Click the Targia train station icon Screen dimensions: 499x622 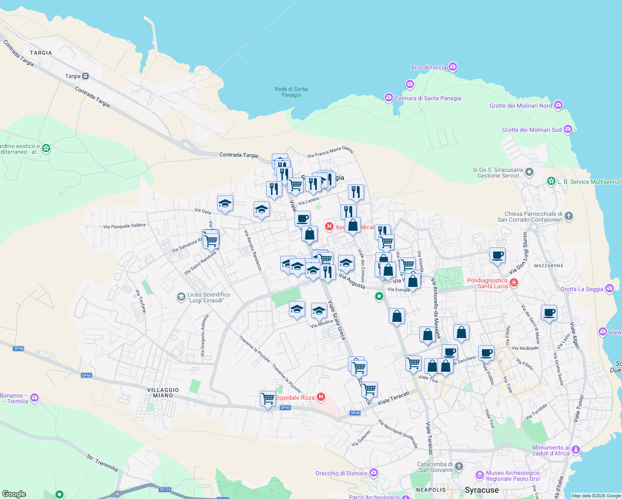pyautogui.click(x=85, y=76)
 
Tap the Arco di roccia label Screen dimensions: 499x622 pyautogui.click(x=428, y=67)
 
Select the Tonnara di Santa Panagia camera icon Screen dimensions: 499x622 pyautogui.click(x=388, y=98)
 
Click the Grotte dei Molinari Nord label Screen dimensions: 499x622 pyautogui.click(x=521, y=106)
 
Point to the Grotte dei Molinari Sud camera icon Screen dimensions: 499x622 pyautogui.click(x=568, y=130)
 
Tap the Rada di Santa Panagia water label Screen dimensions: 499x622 pyautogui.click(x=291, y=92)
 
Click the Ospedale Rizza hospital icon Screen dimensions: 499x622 pyautogui.click(x=321, y=397)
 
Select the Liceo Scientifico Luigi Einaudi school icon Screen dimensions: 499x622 pyautogui.click(x=181, y=296)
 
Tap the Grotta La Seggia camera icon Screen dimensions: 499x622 pyautogui.click(x=610, y=289)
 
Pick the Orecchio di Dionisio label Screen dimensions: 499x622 pyautogui.click(x=341, y=473)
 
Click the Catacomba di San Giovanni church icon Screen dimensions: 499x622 pyautogui.click(x=459, y=467)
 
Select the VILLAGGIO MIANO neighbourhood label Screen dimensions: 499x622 pyautogui.click(x=163, y=393)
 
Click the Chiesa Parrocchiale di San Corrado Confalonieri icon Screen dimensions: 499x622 pyautogui.click(x=569, y=216)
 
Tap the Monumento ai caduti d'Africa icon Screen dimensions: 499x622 pyautogui.click(x=576, y=450)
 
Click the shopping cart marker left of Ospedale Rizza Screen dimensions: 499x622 pyautogui.click(x=268, y=399)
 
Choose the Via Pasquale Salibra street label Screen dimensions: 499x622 pyautogui.click(x=124, y=226)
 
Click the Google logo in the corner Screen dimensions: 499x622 pyautogui.click(x=14, y=494)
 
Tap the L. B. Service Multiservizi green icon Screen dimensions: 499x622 pyautogui.click(x=551, y=181)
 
